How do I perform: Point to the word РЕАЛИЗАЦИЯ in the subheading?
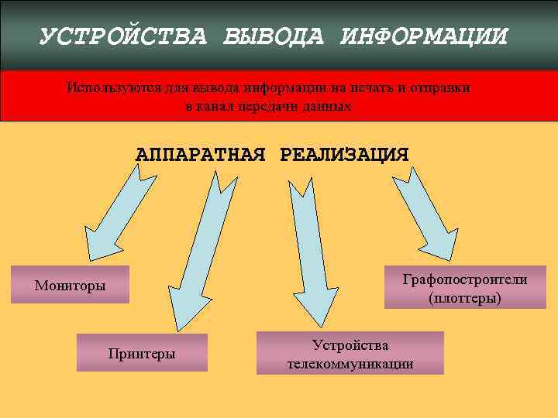344,153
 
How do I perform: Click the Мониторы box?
70,286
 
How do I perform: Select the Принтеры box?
142,353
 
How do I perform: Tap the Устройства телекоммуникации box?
350,354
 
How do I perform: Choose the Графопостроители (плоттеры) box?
465,287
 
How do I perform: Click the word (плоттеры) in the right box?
465,297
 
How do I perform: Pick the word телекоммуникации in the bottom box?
350,364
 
